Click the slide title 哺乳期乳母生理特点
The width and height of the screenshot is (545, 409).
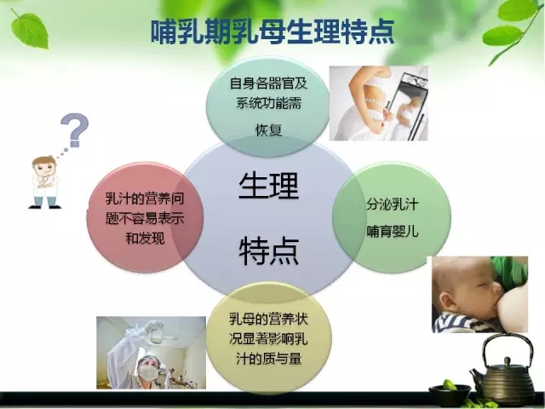tap(272, 32)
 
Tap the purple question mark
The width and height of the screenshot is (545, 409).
tap(75, 130)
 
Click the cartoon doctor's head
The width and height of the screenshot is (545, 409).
tap(44, 167)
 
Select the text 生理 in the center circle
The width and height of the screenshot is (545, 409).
tap(269, 186)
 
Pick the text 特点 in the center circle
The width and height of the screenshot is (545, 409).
tap(269, 251)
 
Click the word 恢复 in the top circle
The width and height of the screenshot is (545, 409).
tap(269, 130)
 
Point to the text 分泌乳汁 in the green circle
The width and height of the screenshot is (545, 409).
tap(392, 204)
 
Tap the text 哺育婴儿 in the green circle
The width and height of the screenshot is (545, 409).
tap(392, 231)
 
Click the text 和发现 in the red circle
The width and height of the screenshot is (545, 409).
tap(145, 239)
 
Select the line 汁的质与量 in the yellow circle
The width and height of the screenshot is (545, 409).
tap(269, 358)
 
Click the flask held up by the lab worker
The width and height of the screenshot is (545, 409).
tap(157, 332)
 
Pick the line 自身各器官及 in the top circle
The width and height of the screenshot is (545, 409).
tap(269, 84)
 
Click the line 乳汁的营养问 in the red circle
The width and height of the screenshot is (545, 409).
tap(145, 199)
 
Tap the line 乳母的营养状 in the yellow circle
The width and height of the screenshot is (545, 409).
tap(269, 319)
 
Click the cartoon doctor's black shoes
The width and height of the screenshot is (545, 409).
tap(44, 207)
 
